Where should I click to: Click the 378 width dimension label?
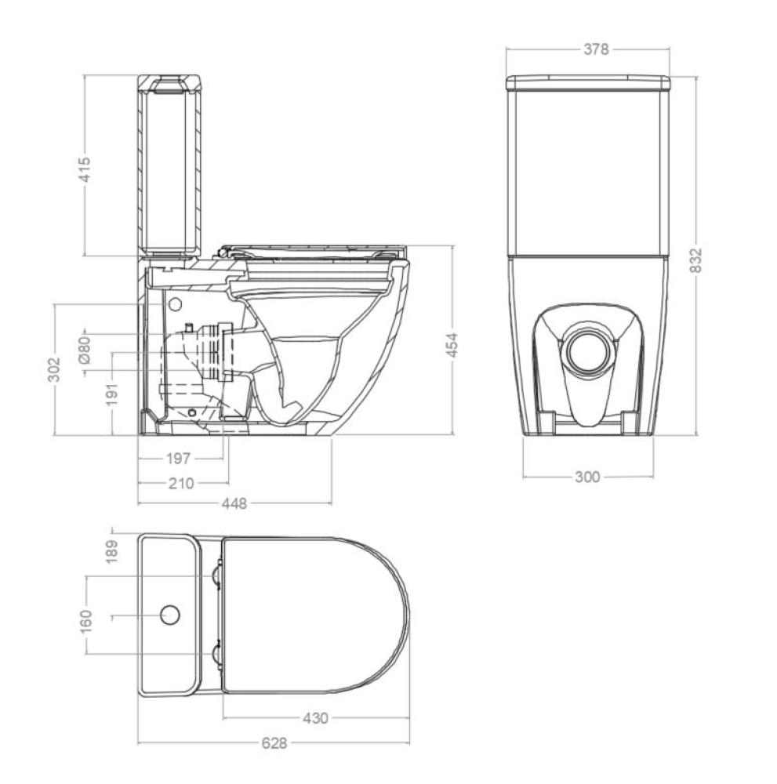596,49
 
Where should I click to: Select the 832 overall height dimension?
695,260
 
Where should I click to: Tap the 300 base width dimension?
587,477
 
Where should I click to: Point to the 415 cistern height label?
85,169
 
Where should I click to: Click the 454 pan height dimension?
452,345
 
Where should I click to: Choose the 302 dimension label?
54,369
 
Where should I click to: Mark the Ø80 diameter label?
85,350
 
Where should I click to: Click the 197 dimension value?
179,458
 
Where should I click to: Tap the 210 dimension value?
181,484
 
